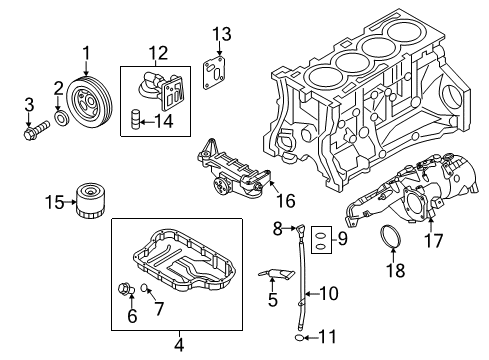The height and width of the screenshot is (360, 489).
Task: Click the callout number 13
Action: (222, 34)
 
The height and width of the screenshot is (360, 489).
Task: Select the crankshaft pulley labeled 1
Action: (89, 102)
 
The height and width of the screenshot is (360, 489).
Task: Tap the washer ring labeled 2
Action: (62, 118)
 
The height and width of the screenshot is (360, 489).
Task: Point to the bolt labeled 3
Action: (36, 130)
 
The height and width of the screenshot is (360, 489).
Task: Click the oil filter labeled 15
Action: (90, 200)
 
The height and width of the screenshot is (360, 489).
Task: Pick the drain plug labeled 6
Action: (126, 289)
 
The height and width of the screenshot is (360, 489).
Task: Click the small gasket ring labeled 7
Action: (144, 287)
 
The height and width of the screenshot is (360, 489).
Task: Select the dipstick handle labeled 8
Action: (300, 229)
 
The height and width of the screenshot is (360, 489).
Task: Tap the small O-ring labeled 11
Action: (300, 338)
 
